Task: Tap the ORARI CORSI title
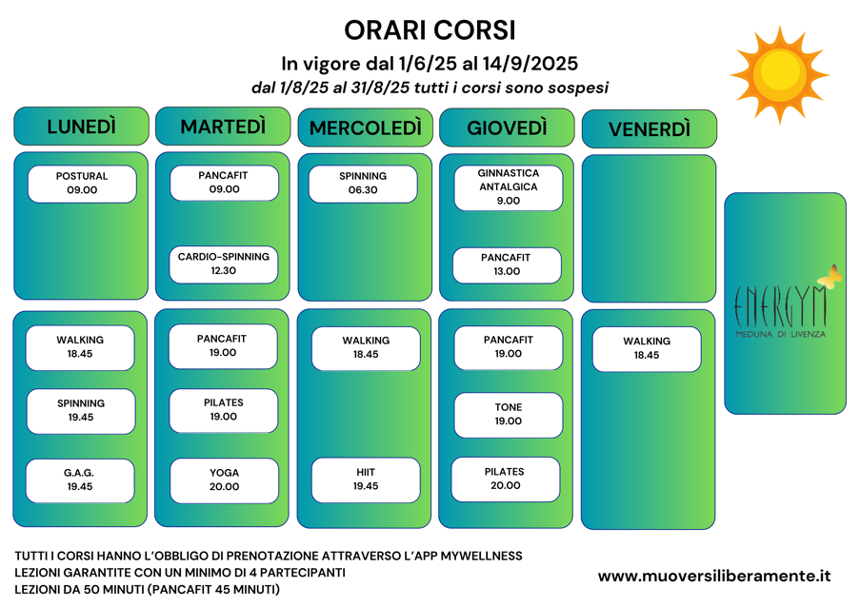[430, 30]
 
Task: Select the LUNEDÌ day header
[81, 127]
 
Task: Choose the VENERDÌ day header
[649, 129]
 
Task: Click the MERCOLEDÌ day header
[365, 128]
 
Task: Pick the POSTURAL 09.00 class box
[82, 184]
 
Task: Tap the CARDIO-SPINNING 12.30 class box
[224, 264]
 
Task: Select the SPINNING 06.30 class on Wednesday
[363, 184]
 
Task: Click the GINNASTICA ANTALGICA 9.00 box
[508, 187]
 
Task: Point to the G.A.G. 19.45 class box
[80, 480]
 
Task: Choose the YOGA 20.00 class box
[224, 480]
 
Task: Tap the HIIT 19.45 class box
[366, 480]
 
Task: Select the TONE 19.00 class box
[508, 415]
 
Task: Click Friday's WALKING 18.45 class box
[647, 348]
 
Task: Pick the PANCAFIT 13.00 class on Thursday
[507, 264]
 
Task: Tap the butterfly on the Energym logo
[830, 276]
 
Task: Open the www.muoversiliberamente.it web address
[714, 576]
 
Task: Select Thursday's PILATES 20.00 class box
[505, 479]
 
